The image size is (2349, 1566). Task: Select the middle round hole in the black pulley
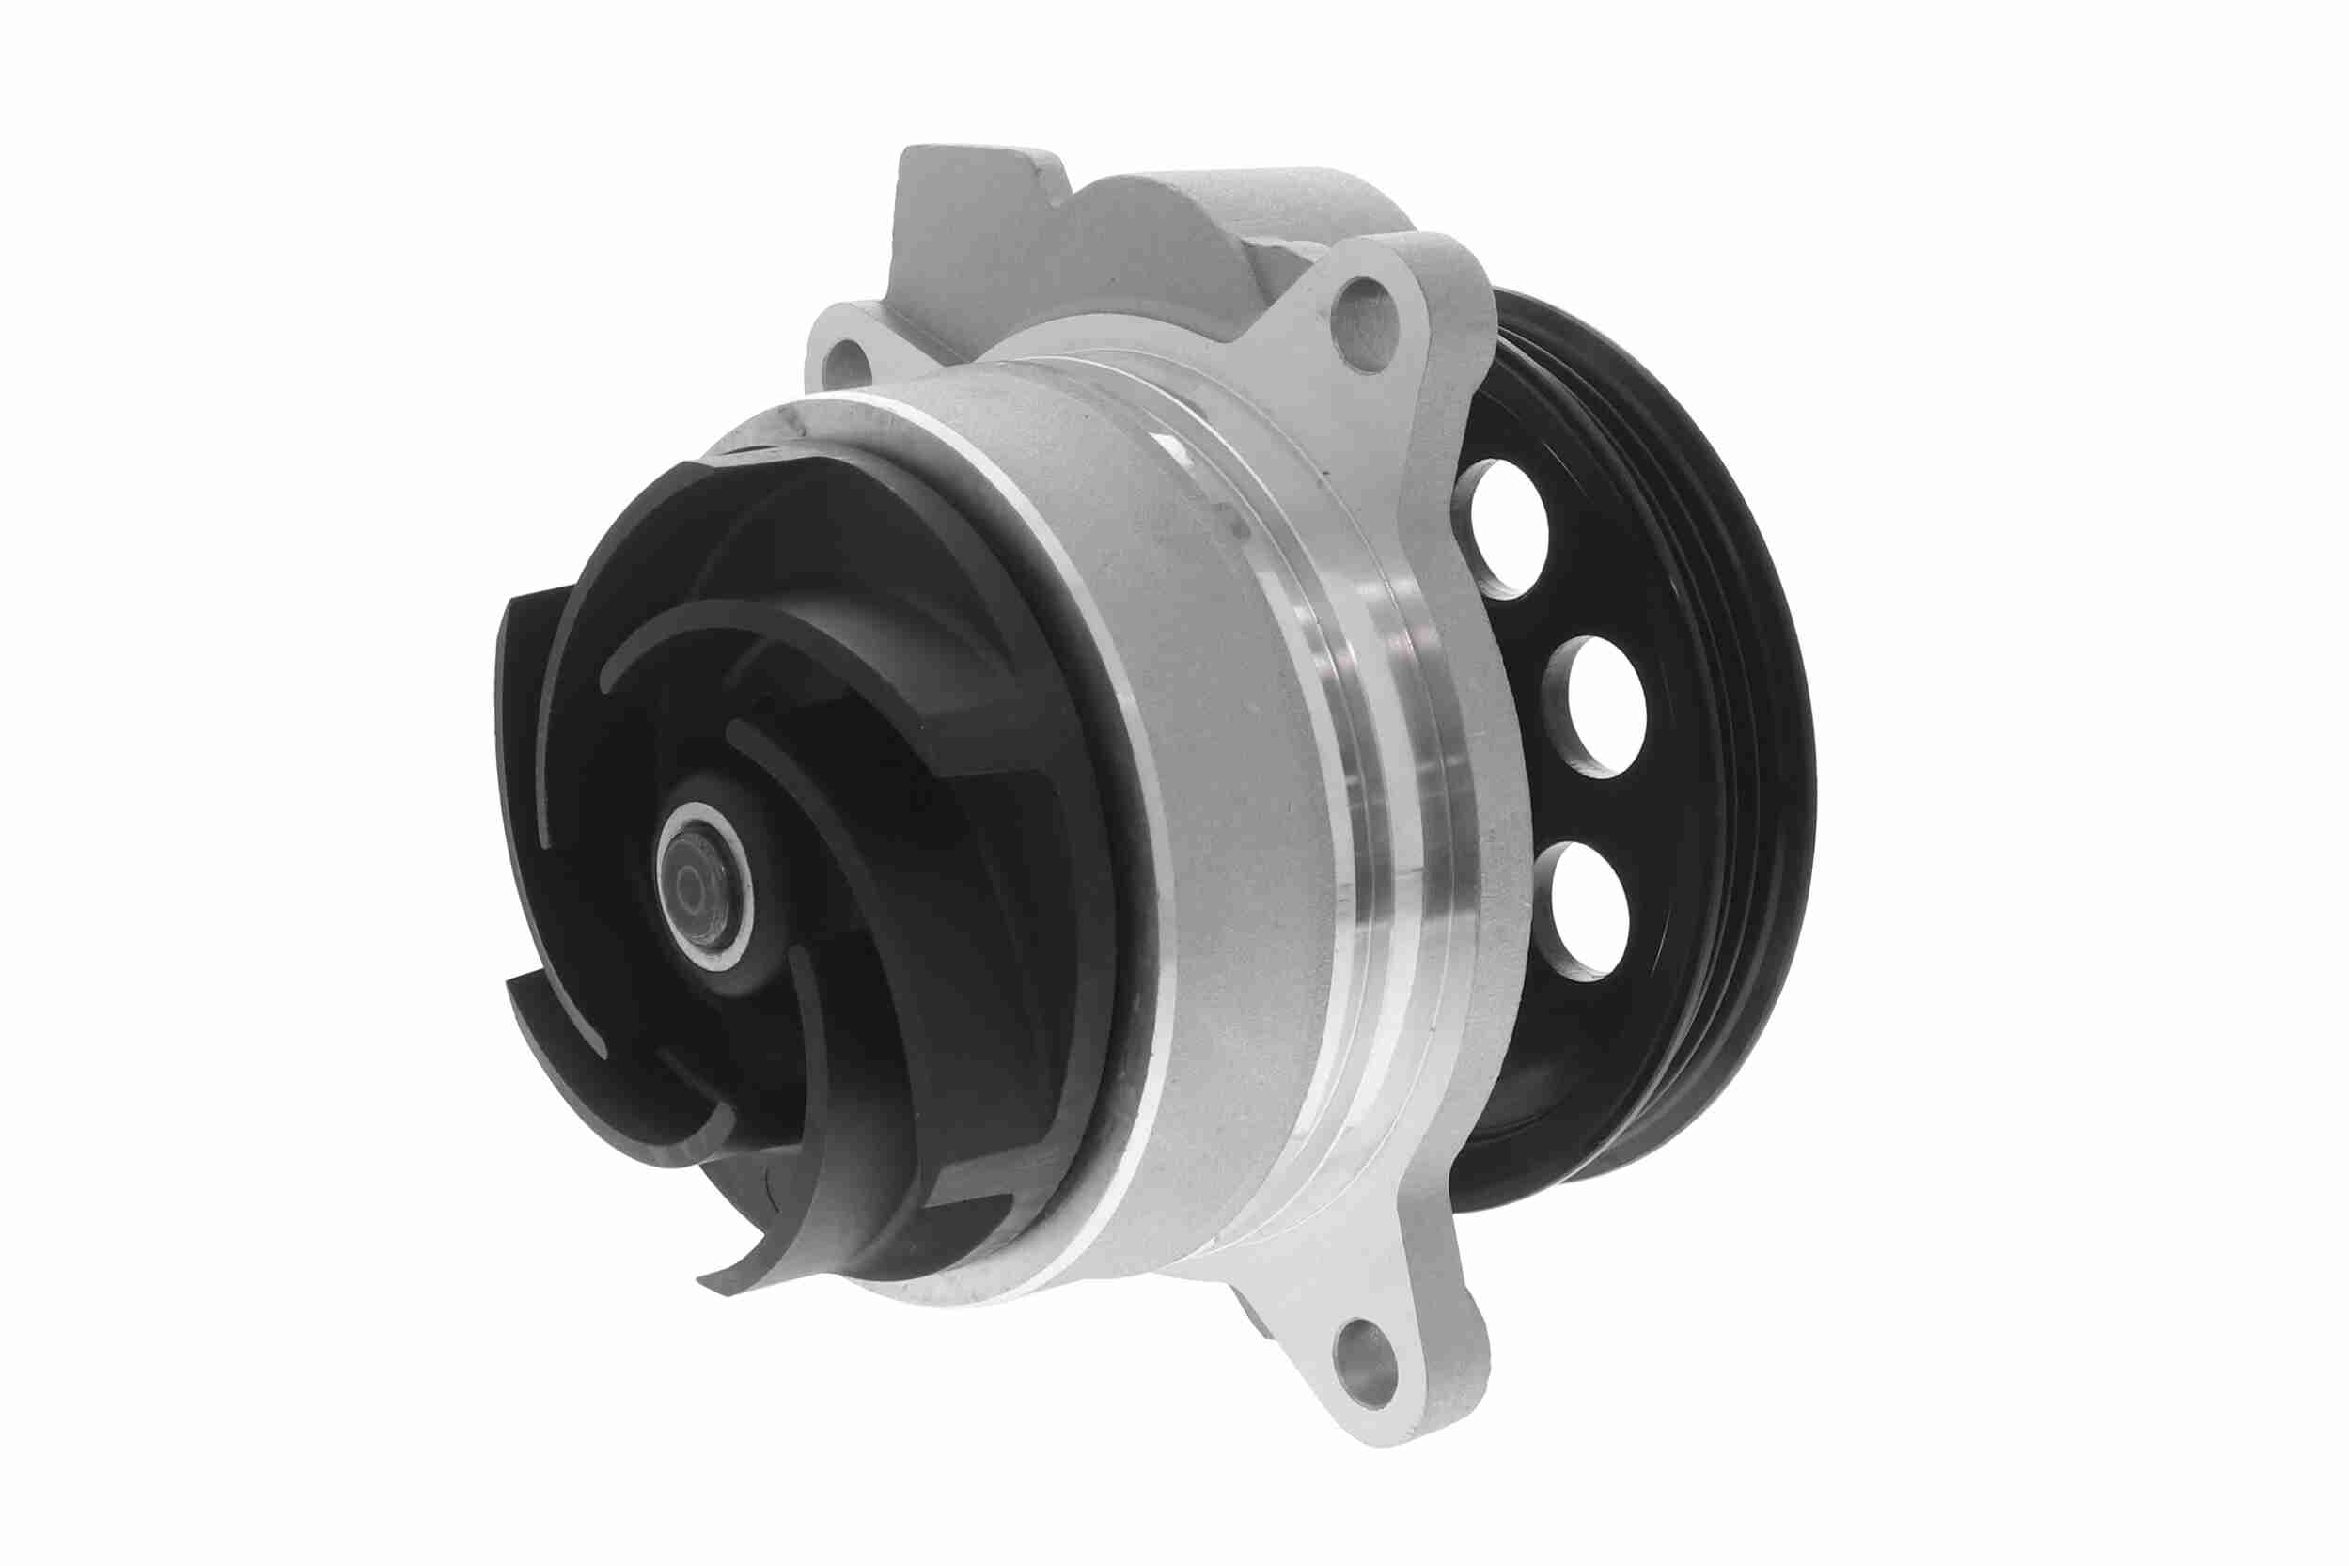tap(1595, 706)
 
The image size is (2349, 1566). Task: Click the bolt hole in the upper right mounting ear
tap(1368, 309)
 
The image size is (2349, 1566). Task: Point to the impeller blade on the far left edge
tap(519, 749)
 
